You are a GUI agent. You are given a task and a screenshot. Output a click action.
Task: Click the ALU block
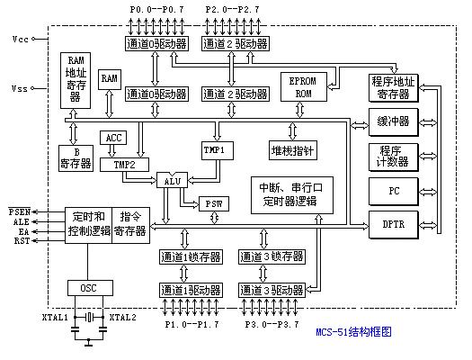pyautogui.click(x=173, y=180)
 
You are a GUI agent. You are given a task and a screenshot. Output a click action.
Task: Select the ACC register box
pyautogui.click(x=113, y=138)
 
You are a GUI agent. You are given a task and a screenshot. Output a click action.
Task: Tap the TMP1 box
pyautogui.click(x=213, y=148)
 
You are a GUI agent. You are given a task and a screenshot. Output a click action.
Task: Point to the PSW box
pyautogui.click(x=213, y=202)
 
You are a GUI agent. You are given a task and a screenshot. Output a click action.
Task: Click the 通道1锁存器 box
pyautogui.click(x=186, y=257)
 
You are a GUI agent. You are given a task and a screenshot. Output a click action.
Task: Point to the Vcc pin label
pyautogui.click(x=21, y=40)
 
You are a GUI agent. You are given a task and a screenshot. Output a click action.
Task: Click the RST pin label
pyautogui.click(x=20, y=240)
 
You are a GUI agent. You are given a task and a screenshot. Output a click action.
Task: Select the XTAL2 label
pyautogui.click(x=122, y=318)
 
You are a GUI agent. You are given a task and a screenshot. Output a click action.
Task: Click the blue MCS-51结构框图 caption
pyautogui.click(x=354, y=333)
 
